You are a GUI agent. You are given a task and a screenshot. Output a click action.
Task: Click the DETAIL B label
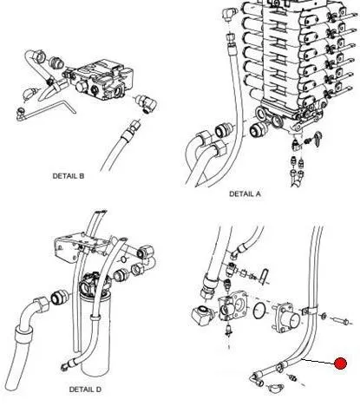(69, 176)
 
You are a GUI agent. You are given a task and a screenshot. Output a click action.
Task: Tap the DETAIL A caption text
(245, 193)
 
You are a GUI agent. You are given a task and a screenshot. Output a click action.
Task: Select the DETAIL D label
(85, 390)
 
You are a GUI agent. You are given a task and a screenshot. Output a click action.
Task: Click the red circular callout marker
(340, 363)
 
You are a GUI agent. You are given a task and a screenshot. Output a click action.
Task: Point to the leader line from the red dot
(317, 362)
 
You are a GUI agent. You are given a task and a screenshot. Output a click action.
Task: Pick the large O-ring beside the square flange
(261, 311)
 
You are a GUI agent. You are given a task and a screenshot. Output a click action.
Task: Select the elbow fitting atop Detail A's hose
(229, 14)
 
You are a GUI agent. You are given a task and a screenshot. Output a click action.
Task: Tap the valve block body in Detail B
(101, 80)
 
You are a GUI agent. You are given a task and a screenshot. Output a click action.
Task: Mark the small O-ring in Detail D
(123, 259)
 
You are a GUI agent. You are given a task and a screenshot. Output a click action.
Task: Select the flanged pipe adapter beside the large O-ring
(285, 318)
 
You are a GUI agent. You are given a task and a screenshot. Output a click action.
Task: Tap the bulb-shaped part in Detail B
(29, 93)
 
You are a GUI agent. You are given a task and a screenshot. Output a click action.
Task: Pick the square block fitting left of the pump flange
(203, 316)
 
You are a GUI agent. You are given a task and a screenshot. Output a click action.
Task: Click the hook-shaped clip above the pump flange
(265, 275)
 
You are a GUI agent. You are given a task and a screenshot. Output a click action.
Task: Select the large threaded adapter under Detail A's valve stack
(256, 129)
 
